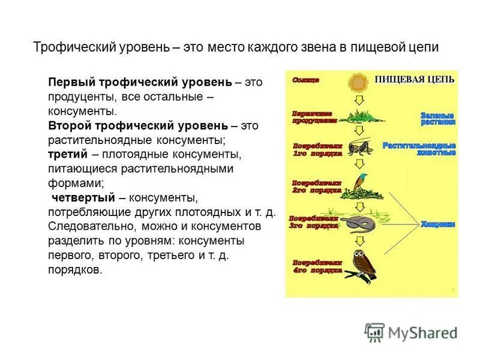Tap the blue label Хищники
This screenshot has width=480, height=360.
(437, 224)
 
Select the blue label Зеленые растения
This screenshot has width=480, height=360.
(437, 118)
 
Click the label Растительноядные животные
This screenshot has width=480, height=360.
(419, 149)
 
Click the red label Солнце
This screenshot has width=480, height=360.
(306, 79)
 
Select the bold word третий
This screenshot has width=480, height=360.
(64, 155)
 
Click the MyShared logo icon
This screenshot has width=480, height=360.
(374, 332)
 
